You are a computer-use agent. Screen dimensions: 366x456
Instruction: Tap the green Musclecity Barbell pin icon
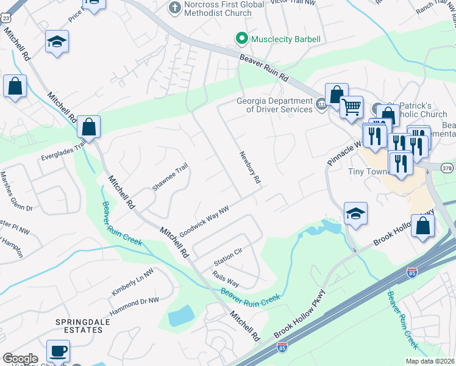pyautogui.click(x=242, y=39)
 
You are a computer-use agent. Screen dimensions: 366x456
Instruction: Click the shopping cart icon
pyautogui.click(x=351, y=108)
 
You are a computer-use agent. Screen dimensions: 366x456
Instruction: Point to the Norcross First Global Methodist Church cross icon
pyautogui.click(x=174, y=9)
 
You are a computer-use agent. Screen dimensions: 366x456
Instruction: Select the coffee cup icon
pyautogui.click(x=58, y=351)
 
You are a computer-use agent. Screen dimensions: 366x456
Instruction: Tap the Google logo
pyautogui.click(x=21, y=359)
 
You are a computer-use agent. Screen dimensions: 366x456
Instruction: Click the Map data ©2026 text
pyautogui.click(x=430, y=361)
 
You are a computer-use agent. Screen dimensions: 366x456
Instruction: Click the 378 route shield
pyautogui.click(x=446, y=167)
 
